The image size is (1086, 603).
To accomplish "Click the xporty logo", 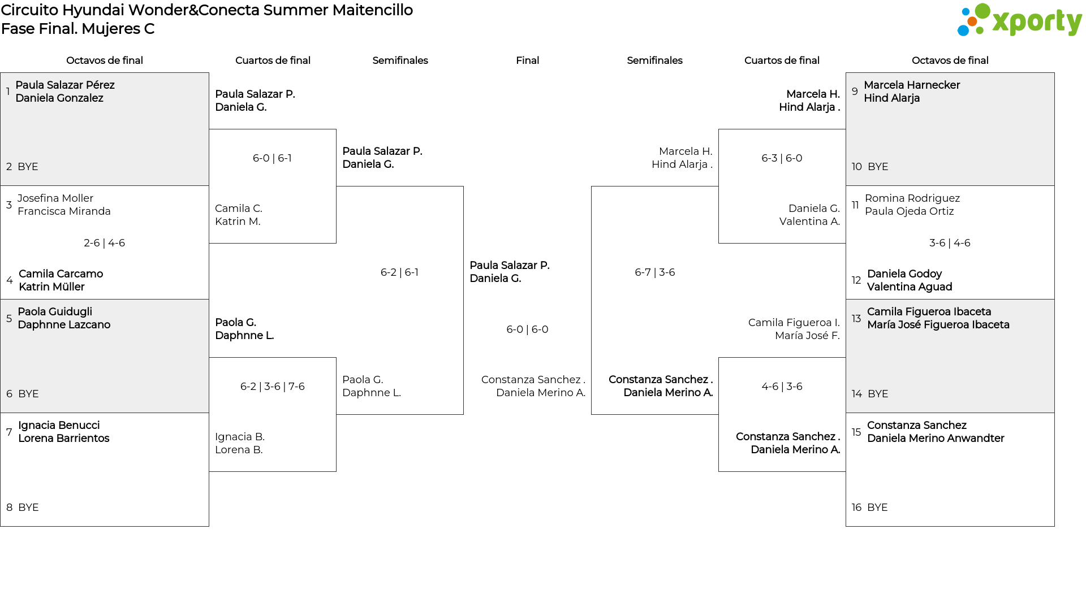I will [1019, 20].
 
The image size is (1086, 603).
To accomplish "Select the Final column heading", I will [527, 60].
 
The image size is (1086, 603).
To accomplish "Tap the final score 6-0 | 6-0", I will [527, 329].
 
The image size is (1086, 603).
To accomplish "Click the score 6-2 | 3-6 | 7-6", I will [272, 387].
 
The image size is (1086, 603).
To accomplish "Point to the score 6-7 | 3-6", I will [654, 272].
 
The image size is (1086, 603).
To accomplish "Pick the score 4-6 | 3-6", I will [782, 387].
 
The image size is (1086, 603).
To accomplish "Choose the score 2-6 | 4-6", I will [104, 243].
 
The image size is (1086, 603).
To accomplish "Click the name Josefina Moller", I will [55, 198].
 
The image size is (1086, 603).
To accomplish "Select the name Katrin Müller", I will [51, 287].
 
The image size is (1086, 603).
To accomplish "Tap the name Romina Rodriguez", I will [912, 198].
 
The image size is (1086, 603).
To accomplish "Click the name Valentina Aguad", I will [910, 287].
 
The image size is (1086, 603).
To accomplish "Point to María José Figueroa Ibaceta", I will [938, 325].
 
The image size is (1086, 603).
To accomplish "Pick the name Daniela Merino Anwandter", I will [936, 439].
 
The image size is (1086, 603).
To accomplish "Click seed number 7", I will [9, 432].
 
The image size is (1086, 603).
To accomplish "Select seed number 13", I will [856, 319].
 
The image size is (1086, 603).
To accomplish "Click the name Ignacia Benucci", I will [59, 426].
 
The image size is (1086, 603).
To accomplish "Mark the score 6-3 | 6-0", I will [782, 158].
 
